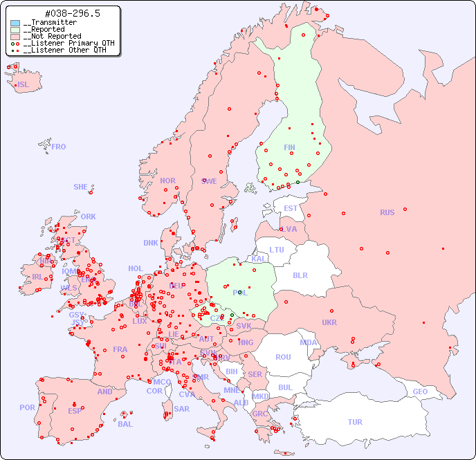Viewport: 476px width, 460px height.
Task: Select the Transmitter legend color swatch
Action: tap(15, 23)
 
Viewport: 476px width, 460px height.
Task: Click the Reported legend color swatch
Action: tap(15, 30)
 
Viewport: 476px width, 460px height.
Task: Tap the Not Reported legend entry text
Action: tap(52, 37)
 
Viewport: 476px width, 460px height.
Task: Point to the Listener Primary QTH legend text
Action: tap(64, 43)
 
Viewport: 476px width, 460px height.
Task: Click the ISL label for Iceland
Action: tap(24, 85)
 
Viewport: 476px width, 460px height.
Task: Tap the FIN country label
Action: tap(289, 147)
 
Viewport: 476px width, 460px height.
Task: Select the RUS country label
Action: tap(387, 212)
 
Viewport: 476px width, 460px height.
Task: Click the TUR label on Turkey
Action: tap(355, 422)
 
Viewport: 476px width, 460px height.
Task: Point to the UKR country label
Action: tap(329, 322)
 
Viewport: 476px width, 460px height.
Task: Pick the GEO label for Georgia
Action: tap(420, 392)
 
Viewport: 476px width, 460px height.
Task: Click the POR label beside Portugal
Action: tap(27, 407)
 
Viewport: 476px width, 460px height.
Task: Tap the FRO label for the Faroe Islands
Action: tap(59, 147)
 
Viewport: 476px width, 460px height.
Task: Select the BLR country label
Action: tap(300, 275)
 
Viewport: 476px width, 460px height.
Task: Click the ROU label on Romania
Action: tap(283, 357)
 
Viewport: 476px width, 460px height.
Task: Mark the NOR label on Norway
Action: tap(167, 181)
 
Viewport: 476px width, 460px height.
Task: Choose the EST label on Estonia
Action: tap(291, 208)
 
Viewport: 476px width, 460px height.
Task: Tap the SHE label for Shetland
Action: tap(81, 187)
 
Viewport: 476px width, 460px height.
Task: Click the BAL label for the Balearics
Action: tap(125, 424)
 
